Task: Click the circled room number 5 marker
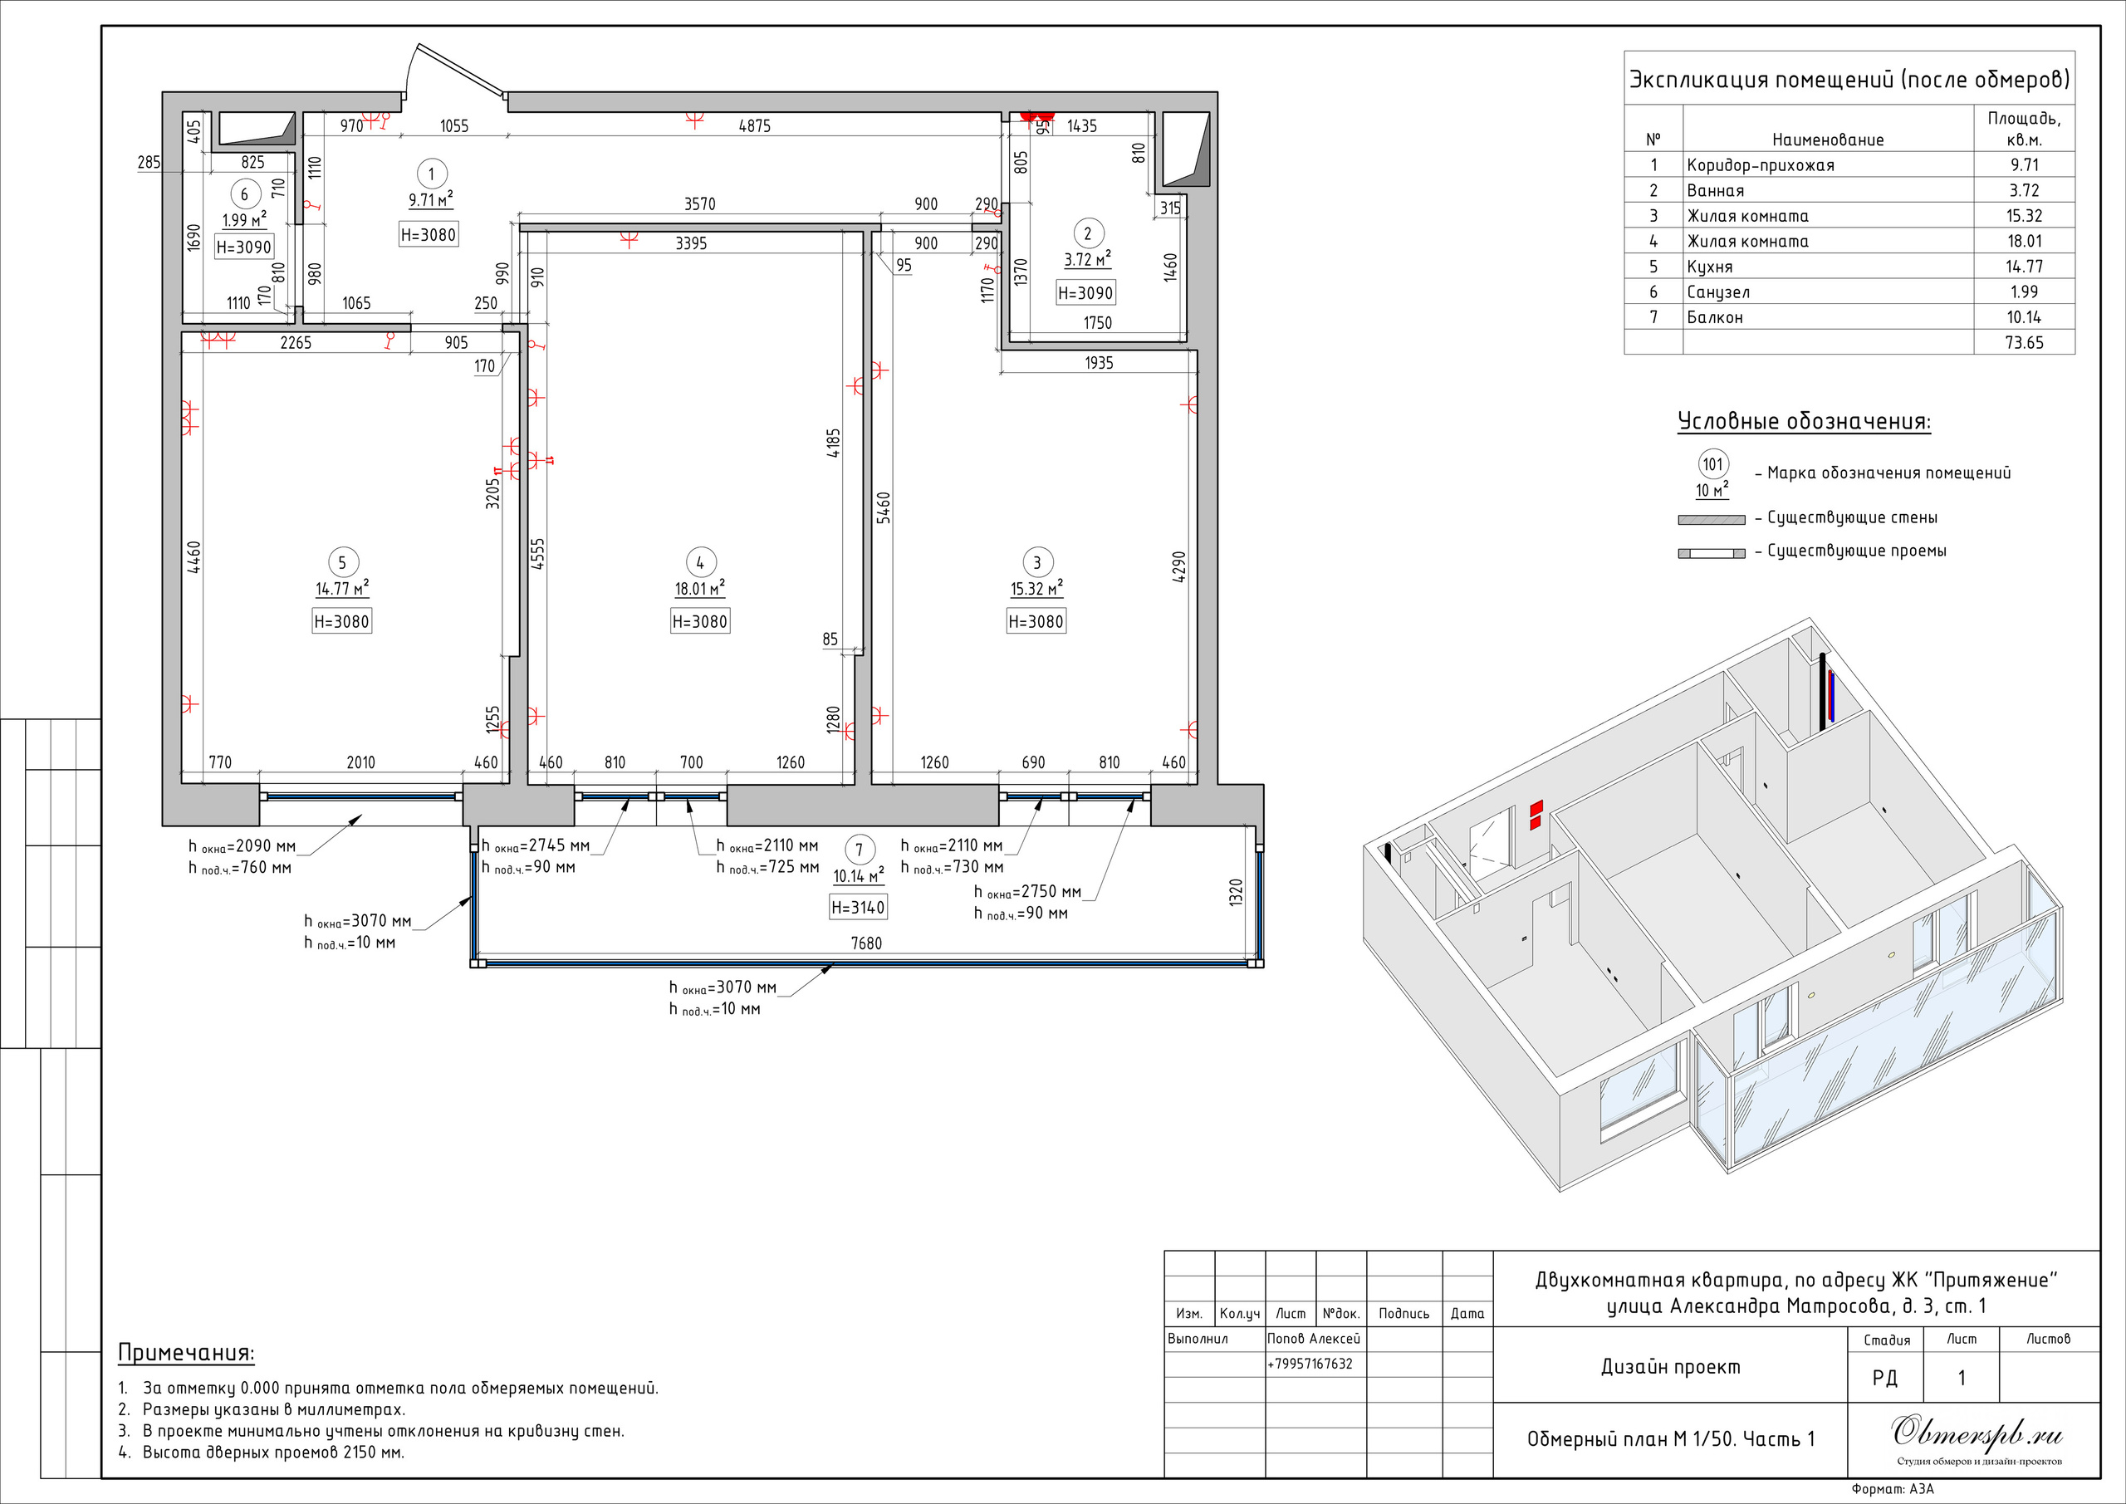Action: click(x=341, y=562)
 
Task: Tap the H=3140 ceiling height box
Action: click(x=857, y=908)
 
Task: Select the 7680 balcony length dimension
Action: click(x=866, y=943)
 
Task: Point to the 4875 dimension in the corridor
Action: click(x=754, y=126)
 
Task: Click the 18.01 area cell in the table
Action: click(x=2024, y=241)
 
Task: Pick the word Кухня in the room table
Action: click(x=1709, y=267)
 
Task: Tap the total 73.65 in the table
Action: click(x=2024, y=343)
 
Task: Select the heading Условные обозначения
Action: click(x=1804, y=423)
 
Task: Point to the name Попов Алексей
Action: click(x=1313, y=1338)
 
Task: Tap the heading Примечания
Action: click(x=185, y=1353)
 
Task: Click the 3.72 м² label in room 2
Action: click(x=1087, y=259)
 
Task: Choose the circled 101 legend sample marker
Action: click(x=1713, y=464)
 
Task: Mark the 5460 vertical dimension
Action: click(x=884, y=507)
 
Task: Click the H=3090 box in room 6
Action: click(x=243, y=247)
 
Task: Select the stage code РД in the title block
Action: click(x=1884, y=1378)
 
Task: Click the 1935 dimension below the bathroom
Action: click(x=1098, y=363)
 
